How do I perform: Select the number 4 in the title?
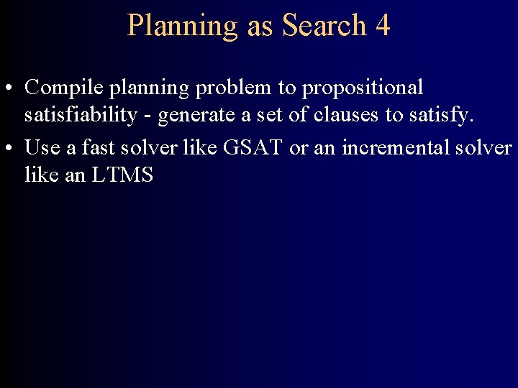click(x=383, y=25)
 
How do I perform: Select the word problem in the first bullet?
click(x=236, y=88)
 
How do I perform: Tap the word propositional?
click(x=363, y=89)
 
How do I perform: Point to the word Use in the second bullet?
click(x=42, y=147)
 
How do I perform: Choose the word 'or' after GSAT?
click(x=297, y=149)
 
